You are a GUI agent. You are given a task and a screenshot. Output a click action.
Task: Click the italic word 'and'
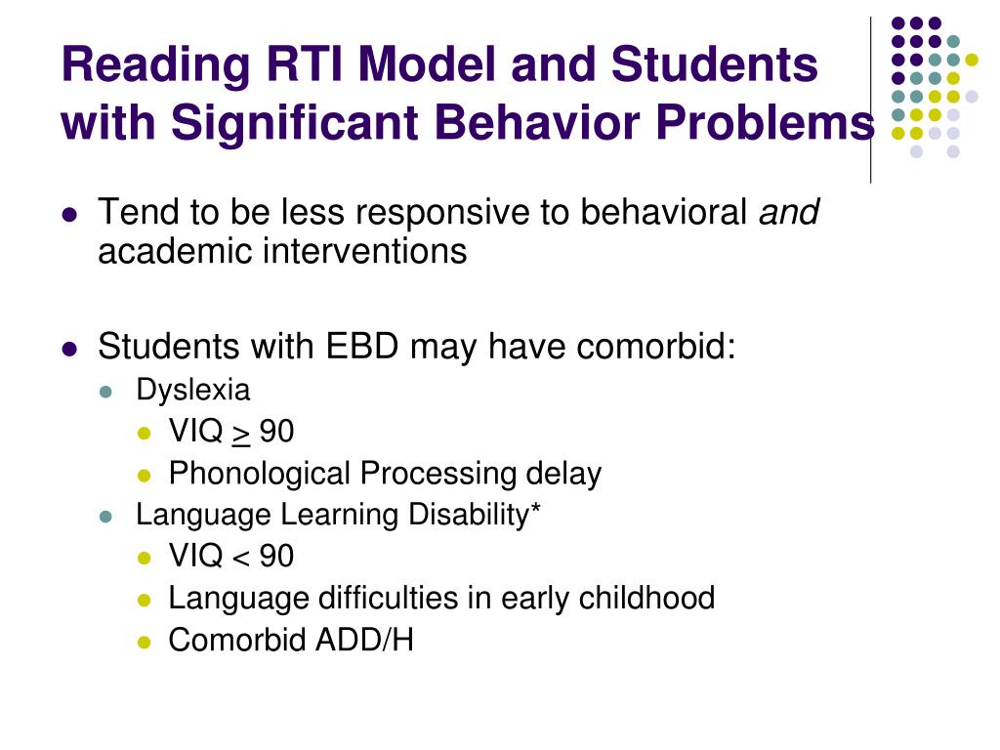point(789,212)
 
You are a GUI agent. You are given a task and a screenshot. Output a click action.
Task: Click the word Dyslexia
point(192,391)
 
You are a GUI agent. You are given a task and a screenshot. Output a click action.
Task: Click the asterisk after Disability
point(535,513)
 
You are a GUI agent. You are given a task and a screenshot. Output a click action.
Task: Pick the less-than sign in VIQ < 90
point(241,558)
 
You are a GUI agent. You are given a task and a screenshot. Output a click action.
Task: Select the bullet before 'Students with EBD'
point(68,349)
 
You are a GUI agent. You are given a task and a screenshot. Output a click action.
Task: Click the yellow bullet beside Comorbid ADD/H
point(145,642)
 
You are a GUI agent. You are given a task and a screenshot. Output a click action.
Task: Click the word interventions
point(363,252)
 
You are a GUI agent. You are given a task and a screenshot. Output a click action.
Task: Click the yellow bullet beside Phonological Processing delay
point(145,476)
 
